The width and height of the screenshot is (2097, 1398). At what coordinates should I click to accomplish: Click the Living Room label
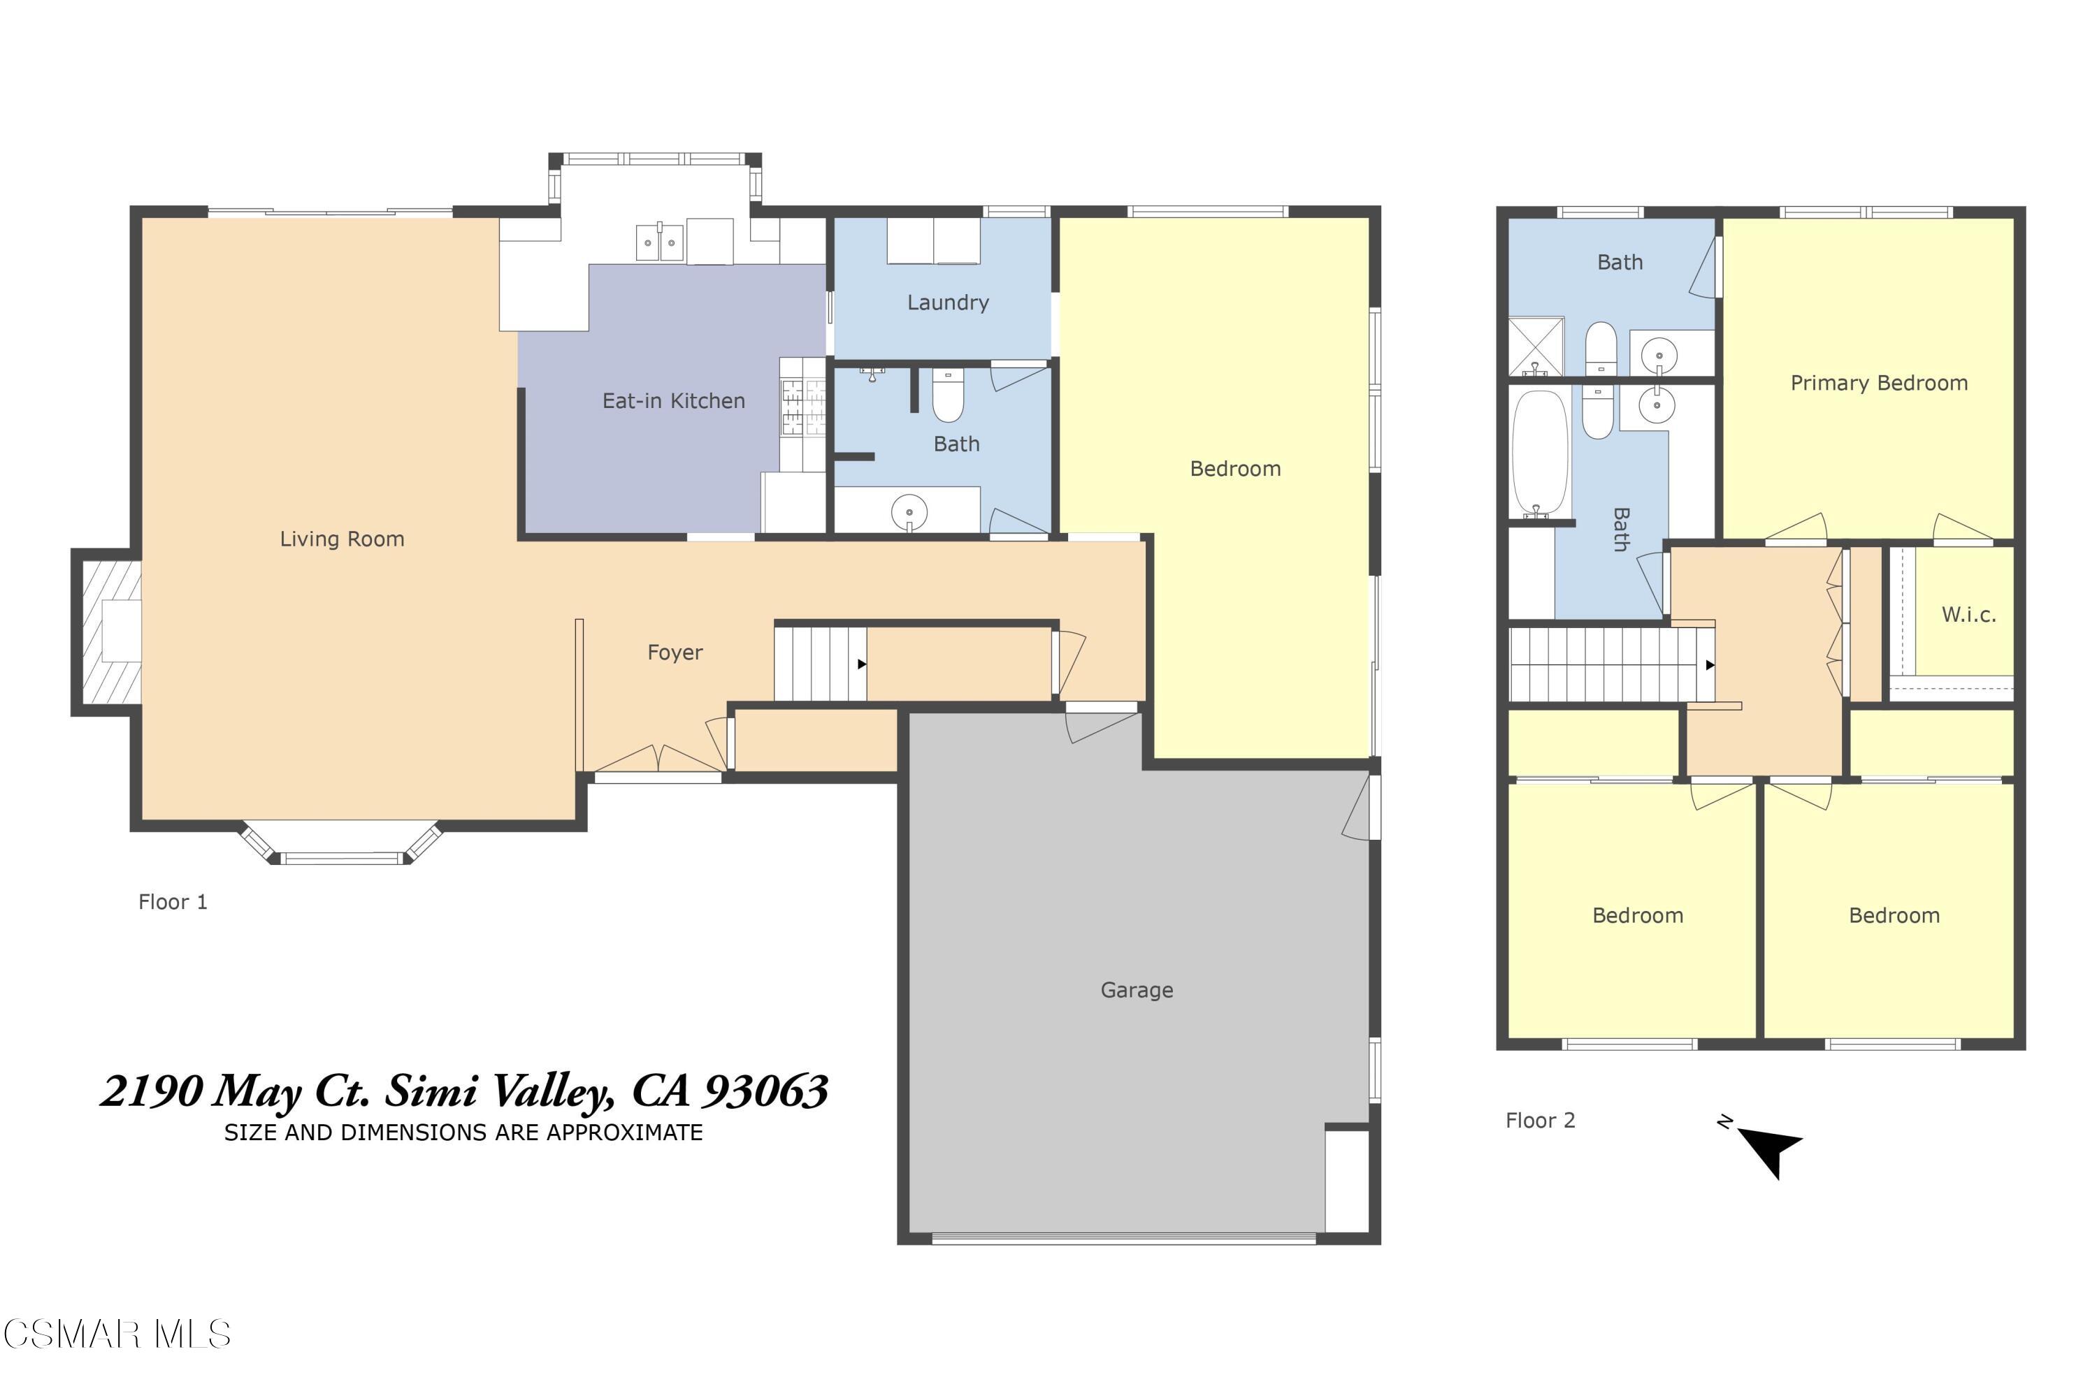click(x=342, y=539)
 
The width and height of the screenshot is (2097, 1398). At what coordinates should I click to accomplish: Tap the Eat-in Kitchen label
click(x=673, y=401)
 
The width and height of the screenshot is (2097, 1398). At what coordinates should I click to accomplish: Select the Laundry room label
click(x=947, y=303)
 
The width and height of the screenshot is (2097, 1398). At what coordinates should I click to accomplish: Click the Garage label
click(x=1137, y=990)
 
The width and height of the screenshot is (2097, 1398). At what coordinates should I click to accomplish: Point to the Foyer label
click(x=675, y=653)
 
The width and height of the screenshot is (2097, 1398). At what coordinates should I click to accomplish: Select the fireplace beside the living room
click(x=108, y=632)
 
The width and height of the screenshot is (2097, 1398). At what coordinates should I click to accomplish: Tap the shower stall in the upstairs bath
click(x=1535, y=346)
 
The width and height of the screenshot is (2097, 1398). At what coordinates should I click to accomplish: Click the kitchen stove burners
click(x=802, y=407)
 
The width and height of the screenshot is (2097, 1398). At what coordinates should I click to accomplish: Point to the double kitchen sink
click(x=659, y=242)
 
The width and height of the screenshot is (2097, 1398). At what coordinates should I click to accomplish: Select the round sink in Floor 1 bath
click(x=909, y=513)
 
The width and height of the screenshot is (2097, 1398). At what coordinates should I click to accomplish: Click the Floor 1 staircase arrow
click(x=862, y=664)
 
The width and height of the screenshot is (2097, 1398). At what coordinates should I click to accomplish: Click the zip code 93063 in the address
click(x=766, y=1091)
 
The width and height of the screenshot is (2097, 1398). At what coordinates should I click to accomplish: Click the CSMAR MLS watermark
click(x=117, y=1334)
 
